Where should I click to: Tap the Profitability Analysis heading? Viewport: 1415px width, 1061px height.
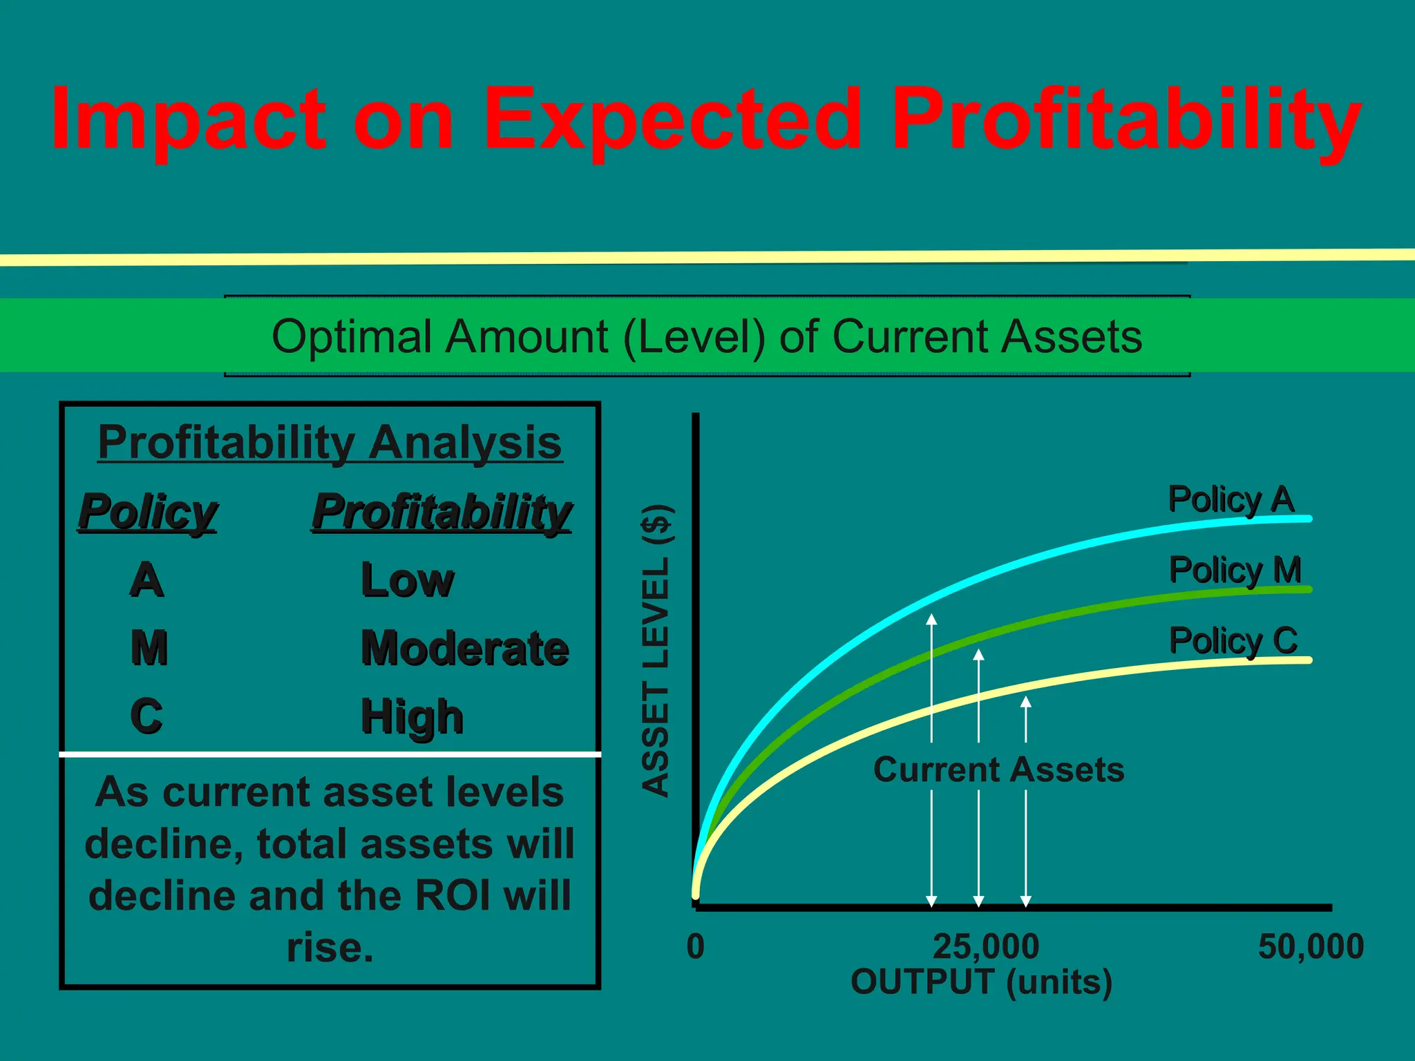point(330,442)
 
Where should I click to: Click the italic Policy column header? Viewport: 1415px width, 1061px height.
point(148,513)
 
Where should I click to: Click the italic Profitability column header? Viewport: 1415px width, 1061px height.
point(441,513)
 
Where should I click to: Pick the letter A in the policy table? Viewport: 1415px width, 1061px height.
point(146,580)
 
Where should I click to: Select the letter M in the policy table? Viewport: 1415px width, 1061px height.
point(149,648)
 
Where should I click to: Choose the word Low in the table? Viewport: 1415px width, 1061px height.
point(408,580)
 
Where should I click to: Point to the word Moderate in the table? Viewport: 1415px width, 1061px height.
point(465,648)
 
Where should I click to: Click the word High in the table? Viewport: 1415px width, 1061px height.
point(412,717)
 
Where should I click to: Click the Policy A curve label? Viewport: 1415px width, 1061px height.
point(1231,499)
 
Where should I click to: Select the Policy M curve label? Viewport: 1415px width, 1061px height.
point(1235,571)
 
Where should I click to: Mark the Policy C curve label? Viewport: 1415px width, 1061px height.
point(1233,641)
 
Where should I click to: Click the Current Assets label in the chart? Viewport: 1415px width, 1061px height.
point(998,770)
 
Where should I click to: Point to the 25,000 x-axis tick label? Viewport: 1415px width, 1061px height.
point(985,946)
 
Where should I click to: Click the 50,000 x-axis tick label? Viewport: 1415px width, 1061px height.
point(1311,946)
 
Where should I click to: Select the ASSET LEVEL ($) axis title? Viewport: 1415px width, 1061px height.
point(655,651)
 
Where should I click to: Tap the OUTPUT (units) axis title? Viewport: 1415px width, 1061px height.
point(982,982)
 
